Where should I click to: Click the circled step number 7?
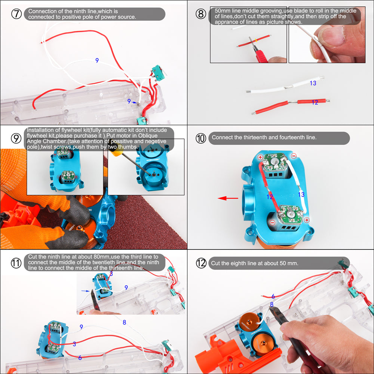click(16, 14)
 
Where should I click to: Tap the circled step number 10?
click(201, 138)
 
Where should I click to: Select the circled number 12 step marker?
click(201, 263)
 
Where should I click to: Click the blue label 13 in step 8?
click(313, 83)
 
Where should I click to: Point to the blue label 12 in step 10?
click(270, 197)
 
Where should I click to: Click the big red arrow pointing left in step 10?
click(228, 198)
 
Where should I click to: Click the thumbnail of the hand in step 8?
click(327, 35)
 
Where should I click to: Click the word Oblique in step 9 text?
click(148, 135)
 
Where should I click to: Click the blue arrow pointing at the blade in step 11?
click(85, 291)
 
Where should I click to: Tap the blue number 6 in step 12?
click(273, 296)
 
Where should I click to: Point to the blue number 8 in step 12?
click(272, 304)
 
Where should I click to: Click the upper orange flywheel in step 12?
click(249, 322)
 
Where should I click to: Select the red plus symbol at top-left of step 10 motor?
click(260, 157)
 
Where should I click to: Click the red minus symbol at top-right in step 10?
click(294, 156)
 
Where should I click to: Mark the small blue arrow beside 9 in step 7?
click(134, 102)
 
